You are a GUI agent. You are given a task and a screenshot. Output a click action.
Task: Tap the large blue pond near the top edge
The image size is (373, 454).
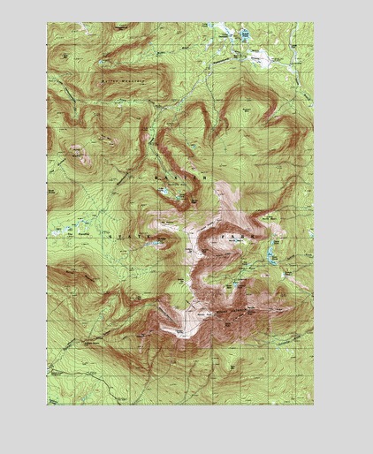pyautogui.click(x=245, y=36)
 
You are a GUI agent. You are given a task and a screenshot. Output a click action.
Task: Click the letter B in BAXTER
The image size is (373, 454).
pyautogui.click(x=156, y=178)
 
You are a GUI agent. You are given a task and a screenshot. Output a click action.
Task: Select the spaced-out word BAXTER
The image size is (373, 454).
pyautogui.click(x=180, y=178)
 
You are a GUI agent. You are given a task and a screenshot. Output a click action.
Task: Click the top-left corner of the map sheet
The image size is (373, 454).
pyautogui.click(x=47, y=22)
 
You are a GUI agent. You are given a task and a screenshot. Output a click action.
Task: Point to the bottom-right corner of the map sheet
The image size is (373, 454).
pyautogui.click(x=314, y=405)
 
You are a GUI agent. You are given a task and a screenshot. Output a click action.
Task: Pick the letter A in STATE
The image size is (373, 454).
pyautogui.click(x=129, y=237)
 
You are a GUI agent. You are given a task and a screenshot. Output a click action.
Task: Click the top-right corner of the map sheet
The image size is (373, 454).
pyautogui.click(x=314, y=22)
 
